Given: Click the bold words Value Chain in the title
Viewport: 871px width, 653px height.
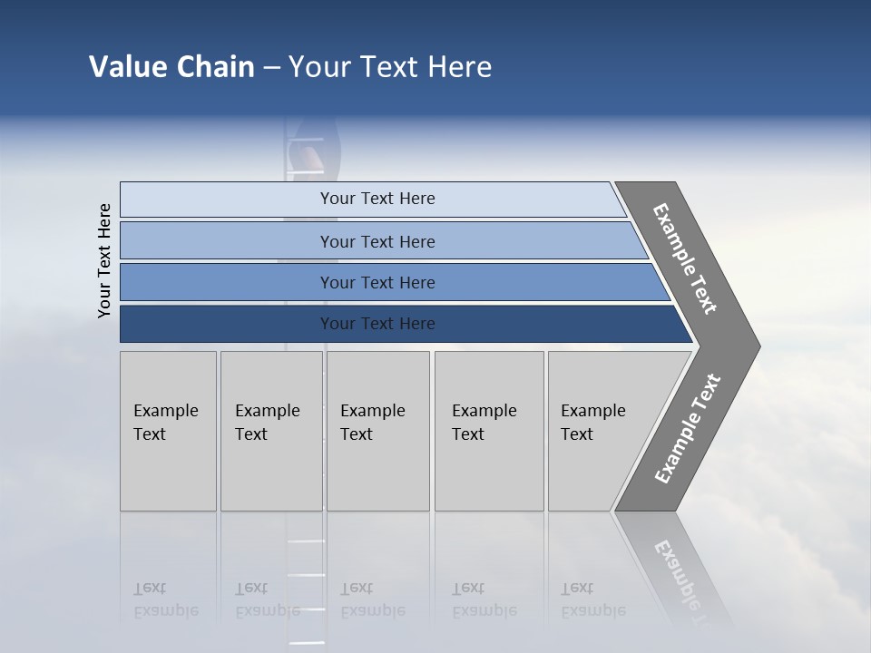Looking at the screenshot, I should tap(171, 67).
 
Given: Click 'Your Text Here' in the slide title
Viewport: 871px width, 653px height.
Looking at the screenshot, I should tap(390, 67).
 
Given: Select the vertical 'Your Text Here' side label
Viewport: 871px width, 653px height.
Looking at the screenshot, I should tap(104, 260).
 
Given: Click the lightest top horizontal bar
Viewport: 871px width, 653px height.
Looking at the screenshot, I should tap(377, 199).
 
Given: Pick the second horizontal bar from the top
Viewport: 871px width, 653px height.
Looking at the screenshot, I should tap(377, 241).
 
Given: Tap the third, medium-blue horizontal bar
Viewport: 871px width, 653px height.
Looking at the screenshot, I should tap(377, 282).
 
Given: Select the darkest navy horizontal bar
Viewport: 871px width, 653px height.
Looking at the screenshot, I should tap(377, 324).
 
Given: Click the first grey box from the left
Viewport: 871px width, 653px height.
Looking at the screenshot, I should tap(168, 431).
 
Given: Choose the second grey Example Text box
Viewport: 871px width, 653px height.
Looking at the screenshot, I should tap(270, 431).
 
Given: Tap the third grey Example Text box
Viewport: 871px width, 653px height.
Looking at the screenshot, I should tap(377, 431).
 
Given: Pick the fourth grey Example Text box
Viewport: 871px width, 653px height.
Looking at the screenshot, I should tap(488, 431).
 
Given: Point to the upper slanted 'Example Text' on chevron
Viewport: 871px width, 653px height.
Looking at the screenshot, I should tap(685, 258).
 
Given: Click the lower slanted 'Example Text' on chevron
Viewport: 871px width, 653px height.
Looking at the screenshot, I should tap(688, 429).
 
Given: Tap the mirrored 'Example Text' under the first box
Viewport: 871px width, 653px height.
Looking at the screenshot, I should tap(165, 599).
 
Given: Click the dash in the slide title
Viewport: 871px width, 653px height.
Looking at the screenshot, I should tap(271, 68).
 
